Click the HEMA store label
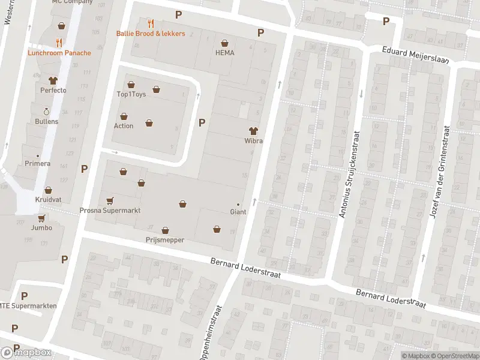(224, 53)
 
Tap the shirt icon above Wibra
(253, 131)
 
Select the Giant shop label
(238, 212)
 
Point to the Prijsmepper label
(165, 240)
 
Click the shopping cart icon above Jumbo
(41, 218)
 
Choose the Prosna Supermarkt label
(110, 211)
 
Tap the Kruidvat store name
(47, 199)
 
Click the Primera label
(38, 164)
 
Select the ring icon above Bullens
(46, 112)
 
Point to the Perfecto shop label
(53, 91)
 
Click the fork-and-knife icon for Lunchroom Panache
(59, 43)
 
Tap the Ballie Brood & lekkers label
(151, 34)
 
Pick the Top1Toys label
(131, 94)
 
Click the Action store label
(124, 126)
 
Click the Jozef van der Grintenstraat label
(439, 172)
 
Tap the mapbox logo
(26, 352)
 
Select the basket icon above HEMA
(224, 43)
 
